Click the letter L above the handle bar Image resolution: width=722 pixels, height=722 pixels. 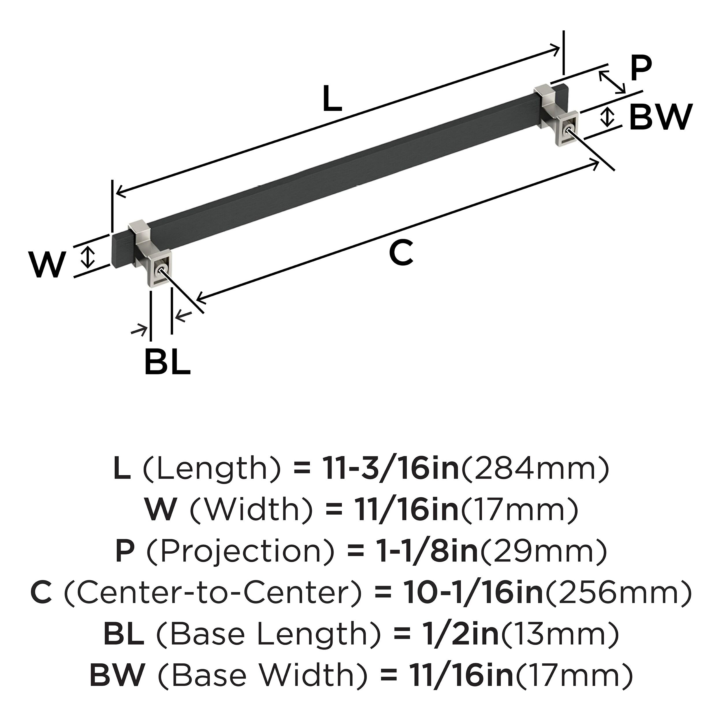[332, 99]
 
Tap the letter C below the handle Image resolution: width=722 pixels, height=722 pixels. [401, 253]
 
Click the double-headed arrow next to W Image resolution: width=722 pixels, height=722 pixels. [88, 257]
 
